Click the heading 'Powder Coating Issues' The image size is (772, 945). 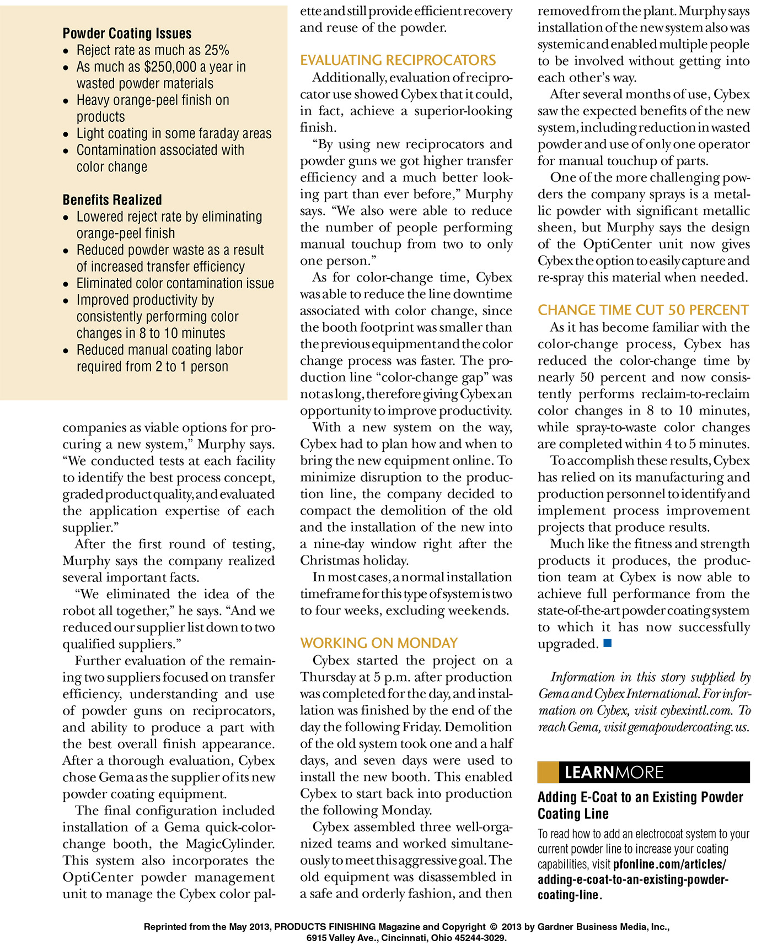click(127, 34)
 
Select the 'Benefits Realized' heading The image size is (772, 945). click(112, 200)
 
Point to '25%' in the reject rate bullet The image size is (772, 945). click(217, 51)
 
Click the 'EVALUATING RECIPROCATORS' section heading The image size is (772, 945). click(398, 60)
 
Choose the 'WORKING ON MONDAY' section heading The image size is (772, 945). click(379, 643)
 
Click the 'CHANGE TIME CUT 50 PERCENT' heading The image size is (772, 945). click(643, 310)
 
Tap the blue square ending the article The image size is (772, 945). click(608, 643)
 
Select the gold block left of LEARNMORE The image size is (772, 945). click(548, 772)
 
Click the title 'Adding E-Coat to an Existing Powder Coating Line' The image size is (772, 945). click(640, 805)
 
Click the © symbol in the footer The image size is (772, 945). click(494, 927)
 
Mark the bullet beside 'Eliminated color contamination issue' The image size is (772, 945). click(66, 284)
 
